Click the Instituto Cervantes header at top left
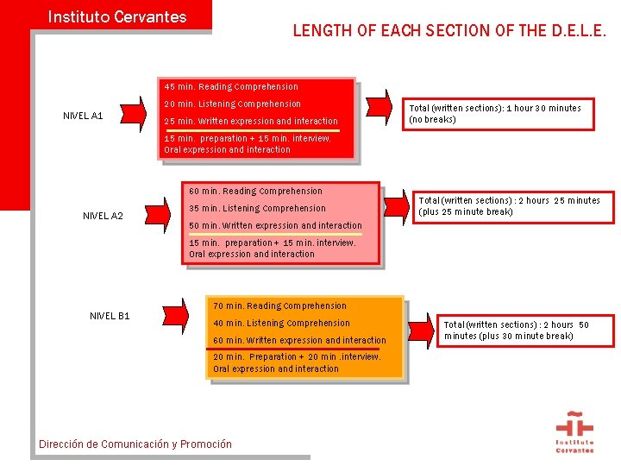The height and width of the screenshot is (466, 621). pos(117,16)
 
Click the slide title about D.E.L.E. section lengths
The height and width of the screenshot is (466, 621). pos(449,31)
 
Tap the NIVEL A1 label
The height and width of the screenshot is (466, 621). pos(84,116)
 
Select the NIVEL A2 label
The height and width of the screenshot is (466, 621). pos(103,216)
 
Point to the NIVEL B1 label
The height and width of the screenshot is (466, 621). pos(110,316)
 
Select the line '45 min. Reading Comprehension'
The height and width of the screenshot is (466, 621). pos(231,86)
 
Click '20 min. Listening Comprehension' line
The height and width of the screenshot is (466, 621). pos(233,104)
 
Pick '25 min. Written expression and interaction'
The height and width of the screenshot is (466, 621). pos(251,122)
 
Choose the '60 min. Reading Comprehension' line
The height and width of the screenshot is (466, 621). pos(255,191)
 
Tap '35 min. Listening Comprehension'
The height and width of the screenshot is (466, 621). pos(257,208)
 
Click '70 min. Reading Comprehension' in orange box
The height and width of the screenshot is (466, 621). pos(279,305)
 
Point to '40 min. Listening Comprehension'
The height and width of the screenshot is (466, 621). pos(281,323)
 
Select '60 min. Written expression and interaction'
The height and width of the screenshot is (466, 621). pos(299,340)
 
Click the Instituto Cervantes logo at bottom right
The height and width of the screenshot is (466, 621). pos(574,433)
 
